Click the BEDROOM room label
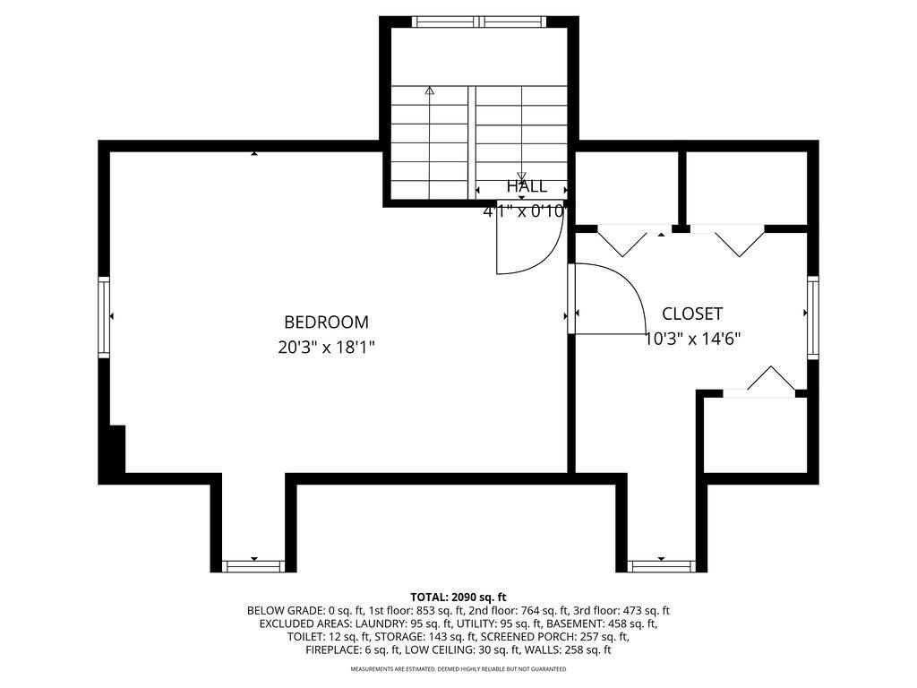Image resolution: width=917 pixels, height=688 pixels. click(326, 322)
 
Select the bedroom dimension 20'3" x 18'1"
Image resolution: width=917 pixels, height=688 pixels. click(326, 347)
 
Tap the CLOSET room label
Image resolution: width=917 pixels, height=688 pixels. click(692, 314)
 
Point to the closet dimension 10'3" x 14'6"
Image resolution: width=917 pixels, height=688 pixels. click(692, 339)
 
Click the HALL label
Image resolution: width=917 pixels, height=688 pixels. click(527, 186)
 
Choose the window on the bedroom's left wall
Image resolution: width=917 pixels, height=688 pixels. click(104, 317)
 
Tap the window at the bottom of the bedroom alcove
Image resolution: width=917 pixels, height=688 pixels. click(253, 565)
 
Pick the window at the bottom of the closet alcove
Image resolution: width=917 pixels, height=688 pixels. click(662, 565)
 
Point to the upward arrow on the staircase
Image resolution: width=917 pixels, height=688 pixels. click(430, 90)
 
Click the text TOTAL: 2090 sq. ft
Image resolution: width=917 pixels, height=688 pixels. click(458, 597)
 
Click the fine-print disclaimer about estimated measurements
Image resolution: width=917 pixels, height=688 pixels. click(458, 669)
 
